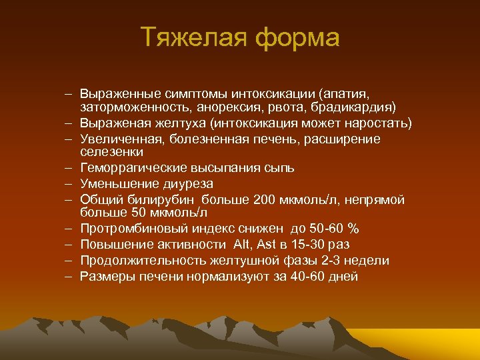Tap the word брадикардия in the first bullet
pos(357,107)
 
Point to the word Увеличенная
pos(120,139)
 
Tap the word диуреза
pos(189,183)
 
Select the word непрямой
pos(381,200)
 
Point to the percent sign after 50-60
pos(353,229)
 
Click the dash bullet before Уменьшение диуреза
pos(69,183)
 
